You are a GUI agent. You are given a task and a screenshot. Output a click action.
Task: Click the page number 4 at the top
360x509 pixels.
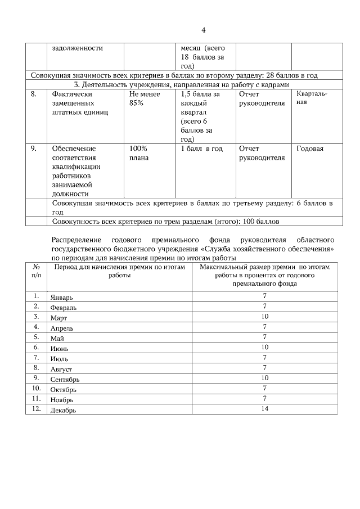[x=204, y=30]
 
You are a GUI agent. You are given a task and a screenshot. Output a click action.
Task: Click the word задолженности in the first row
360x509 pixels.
[x=77, y=48]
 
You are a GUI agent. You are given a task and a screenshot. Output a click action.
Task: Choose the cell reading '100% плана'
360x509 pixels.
[x=139, y=153]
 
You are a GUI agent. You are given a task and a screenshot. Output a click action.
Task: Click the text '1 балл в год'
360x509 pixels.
[x=201, y=148]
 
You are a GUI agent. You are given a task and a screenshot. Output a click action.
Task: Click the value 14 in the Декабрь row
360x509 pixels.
[x=264, y=409]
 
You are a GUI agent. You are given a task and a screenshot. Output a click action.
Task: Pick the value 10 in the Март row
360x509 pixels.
[x=264, y=316]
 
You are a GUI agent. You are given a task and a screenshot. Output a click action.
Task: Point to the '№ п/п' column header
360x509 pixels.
[x=36, y=272]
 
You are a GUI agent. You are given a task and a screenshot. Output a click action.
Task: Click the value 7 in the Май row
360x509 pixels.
[x=264, y=337]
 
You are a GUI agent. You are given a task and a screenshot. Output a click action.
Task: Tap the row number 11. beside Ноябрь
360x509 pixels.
[x=37, y=398]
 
